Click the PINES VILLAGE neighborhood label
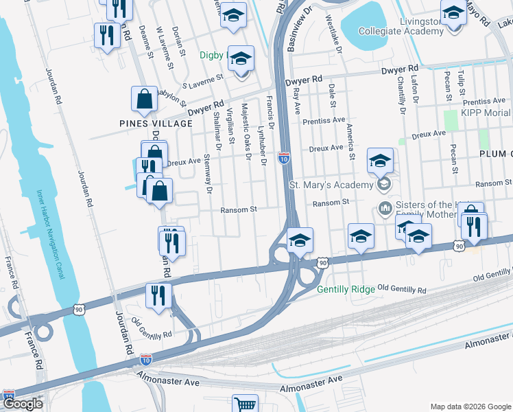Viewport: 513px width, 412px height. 156,124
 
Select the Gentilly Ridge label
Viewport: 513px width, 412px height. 346,289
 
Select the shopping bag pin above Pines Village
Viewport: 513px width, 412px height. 145,100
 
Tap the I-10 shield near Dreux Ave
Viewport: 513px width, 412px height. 284,158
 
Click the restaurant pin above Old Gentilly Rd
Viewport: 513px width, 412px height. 158,296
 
